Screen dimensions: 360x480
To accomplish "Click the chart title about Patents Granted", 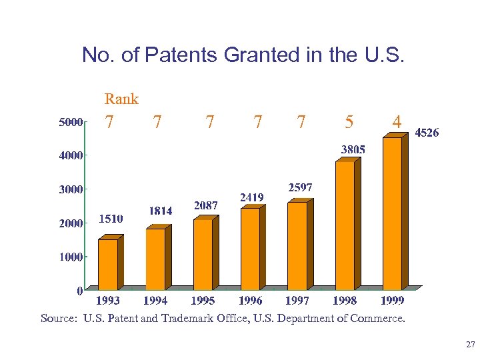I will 243,55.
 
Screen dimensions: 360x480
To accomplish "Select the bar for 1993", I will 108,264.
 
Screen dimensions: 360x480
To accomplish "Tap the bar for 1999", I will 393,213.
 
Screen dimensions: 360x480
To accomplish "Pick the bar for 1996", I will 250,249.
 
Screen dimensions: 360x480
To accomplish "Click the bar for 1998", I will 345,225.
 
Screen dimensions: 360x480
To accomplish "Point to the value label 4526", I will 427,133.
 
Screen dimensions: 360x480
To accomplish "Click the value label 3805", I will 353,150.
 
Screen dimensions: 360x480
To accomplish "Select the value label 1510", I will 111,218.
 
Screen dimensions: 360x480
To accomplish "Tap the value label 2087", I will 205,205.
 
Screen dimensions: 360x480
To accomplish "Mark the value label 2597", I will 300,188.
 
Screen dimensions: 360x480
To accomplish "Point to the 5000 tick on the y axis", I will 70,122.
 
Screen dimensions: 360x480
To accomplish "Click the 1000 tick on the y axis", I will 70,257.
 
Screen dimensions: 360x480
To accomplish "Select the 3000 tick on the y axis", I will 70,189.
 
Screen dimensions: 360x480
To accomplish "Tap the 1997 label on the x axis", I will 297,301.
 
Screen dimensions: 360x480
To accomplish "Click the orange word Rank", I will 121,99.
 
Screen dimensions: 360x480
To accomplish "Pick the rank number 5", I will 349,122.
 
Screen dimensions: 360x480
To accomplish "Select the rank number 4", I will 397,122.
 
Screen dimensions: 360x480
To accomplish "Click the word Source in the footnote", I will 59,319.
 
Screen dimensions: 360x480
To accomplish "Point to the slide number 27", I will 470,345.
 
